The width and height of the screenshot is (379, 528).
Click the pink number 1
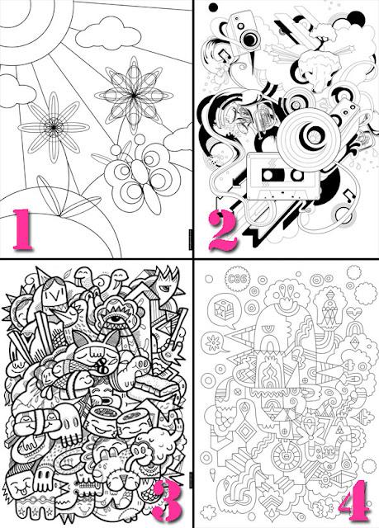click(23, 229)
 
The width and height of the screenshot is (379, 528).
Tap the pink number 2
click(222, 230)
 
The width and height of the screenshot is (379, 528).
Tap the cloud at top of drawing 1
click(108, 33)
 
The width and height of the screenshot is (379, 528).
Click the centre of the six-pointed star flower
click(134, 96)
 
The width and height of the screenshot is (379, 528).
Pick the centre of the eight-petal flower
click(54, 127)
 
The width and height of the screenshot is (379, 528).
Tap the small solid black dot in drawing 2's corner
click(214, 7)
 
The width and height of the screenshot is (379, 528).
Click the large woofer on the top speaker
click(250, 40)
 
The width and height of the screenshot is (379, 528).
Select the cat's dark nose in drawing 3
click(102, 367)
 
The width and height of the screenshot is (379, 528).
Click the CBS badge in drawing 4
click(237, 279)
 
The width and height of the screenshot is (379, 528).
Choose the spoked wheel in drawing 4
click(287, 455)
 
